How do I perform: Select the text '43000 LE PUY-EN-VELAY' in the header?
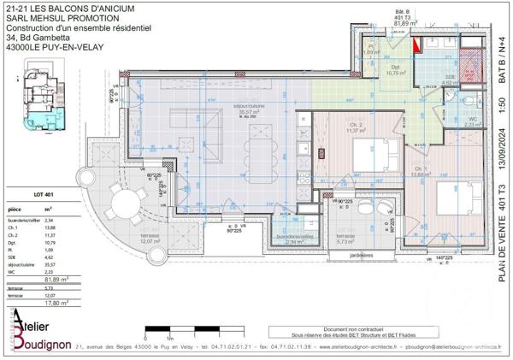point(54,47)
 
